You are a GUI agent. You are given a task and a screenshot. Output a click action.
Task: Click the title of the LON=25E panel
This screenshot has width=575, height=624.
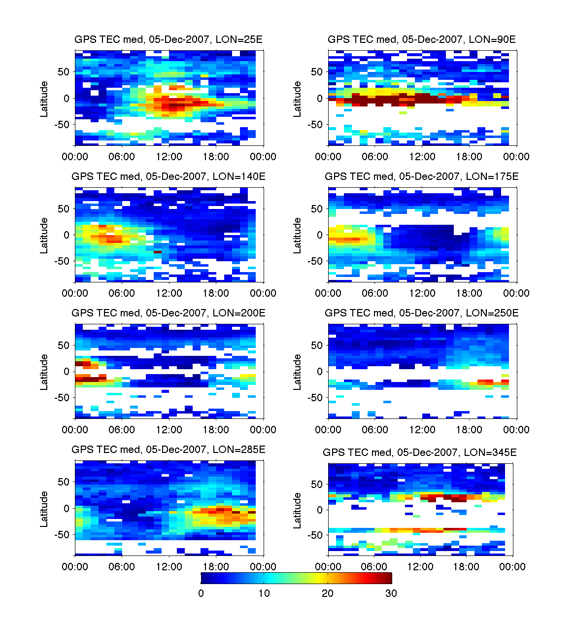pos(169,40)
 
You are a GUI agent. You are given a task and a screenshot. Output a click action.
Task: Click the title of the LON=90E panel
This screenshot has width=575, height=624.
pos(422,40)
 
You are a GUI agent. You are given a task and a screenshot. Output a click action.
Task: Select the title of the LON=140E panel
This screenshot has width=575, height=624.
pos(169,176)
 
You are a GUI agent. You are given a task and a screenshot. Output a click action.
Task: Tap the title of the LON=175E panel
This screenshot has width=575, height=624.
pos(422,176)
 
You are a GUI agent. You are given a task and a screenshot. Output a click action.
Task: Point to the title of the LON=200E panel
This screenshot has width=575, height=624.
pos(169,313)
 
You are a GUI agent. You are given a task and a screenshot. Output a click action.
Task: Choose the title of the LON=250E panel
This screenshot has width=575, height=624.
pos(422,313)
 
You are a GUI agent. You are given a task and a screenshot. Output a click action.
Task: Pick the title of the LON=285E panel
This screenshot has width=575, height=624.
pos(169,450)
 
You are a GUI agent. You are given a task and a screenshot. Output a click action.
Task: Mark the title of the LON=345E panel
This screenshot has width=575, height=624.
pos(420,452)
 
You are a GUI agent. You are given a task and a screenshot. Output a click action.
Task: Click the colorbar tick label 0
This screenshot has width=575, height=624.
pos(201,593)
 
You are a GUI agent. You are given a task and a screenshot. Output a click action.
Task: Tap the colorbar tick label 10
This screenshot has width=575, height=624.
pos(264,593)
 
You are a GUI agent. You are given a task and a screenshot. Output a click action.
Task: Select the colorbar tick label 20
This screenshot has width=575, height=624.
pos(328,593)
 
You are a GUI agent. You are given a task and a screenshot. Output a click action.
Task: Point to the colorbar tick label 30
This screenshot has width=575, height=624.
pos(391,593)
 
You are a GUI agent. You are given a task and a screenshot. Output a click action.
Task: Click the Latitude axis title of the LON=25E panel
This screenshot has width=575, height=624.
pos(44,99)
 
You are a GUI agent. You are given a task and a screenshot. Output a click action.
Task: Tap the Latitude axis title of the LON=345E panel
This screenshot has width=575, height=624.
pos(298,510)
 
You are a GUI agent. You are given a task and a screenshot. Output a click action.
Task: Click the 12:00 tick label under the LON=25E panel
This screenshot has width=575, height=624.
pos(169,157)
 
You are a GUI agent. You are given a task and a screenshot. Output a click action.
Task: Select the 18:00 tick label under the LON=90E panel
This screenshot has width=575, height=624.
pos(469,157)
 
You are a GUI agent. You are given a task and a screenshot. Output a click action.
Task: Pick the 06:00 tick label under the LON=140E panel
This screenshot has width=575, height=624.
pos(122,293)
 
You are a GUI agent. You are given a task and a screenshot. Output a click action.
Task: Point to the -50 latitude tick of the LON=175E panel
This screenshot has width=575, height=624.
pos(315,261)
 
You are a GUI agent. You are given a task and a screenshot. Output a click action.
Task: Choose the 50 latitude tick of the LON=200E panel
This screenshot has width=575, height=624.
pos(64,346)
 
